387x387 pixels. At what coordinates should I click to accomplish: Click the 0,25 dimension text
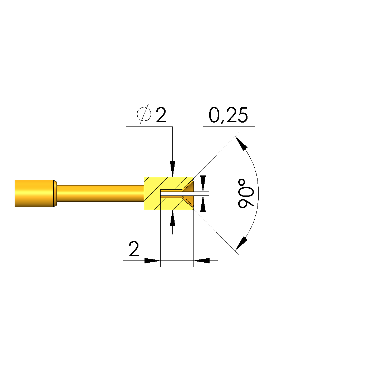pyautogui.click(x=228, y=115)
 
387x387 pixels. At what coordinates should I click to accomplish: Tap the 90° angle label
pyautogui.click(x=245, y=194)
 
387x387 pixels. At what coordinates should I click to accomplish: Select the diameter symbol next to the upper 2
pyautogui.click(x=144, y=114)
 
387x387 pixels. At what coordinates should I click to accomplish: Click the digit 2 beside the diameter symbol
pyautogui.click(x=161, y=115)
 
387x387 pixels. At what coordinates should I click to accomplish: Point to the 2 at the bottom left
pyautogui.click(x=134, y=249)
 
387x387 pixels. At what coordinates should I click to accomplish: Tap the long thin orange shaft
pyautogui.click(x=100, y=193)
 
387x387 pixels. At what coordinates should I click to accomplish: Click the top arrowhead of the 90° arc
pyautogui.click(x=241, y=143)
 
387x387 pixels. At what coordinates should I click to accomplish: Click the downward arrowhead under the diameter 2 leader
pyautogui.click(x=172, y=169)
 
